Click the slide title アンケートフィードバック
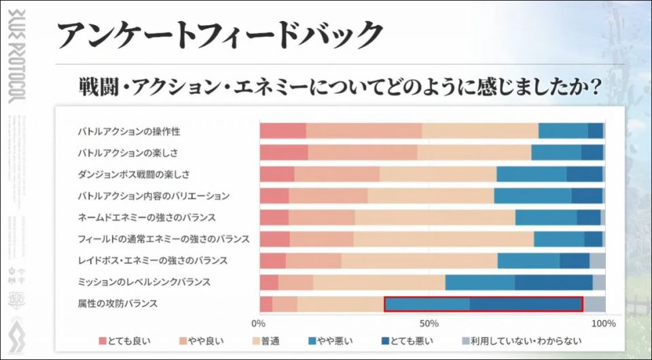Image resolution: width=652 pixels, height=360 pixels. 220,35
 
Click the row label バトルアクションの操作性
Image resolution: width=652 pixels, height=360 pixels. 129,130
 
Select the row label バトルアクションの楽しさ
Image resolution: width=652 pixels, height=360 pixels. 128,152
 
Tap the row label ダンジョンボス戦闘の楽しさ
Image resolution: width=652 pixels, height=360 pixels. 134,174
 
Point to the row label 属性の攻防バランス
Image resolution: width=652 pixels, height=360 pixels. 118,303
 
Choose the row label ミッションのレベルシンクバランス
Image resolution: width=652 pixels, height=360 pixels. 144,281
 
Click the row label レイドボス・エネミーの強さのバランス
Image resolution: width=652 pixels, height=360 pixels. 153,260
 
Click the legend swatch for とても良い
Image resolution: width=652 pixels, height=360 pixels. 103,341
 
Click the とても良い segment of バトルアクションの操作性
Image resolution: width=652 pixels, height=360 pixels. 283,131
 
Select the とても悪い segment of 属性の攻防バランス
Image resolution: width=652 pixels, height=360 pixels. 526,304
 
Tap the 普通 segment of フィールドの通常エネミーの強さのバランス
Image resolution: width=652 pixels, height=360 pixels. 443,239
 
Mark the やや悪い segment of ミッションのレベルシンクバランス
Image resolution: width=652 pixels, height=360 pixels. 479,282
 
